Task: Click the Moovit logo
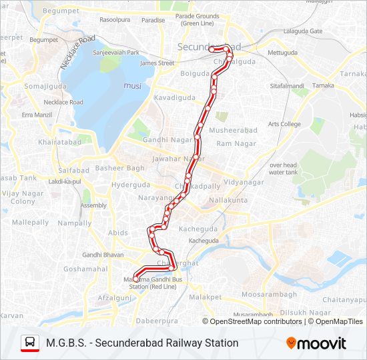316,343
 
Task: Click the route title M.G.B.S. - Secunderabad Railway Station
142,343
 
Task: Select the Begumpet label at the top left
60,11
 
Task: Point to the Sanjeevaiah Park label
116,53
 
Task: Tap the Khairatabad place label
60,142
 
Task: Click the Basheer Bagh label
120,167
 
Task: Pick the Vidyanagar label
244,182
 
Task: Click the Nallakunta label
228,200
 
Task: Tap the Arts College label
284,124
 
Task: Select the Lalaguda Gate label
302,31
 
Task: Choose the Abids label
118,233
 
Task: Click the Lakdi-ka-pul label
65,181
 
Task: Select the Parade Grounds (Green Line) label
197,19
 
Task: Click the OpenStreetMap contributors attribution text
256,322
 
